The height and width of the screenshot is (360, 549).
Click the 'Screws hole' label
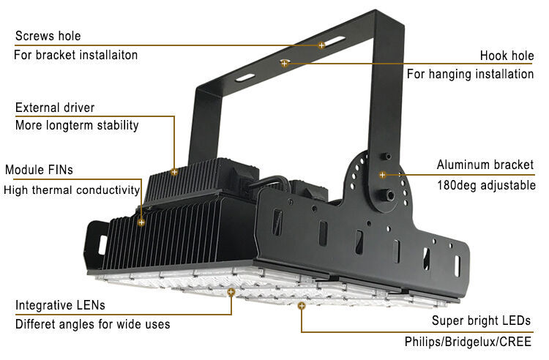click(x=48, y=36)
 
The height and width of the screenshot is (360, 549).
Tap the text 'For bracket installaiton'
click(x=76, y=55)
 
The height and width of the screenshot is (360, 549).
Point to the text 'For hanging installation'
click(x=470, y=74)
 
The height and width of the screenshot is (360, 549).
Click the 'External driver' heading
click(x=55, y=108)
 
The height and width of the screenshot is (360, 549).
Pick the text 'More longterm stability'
click(x=77, y=125)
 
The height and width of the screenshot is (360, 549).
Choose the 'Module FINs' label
click(x=40, y=170)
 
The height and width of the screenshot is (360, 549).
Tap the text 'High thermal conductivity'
click(x=72, y=190)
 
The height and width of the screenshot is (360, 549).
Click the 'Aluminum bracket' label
click(x=485, y=165)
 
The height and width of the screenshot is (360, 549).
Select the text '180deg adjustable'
click(x=486, y=185)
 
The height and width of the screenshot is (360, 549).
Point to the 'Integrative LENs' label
click(x=60, y=304)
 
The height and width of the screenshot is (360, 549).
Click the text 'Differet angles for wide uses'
click(x=92, y=323)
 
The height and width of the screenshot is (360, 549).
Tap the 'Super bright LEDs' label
click(x=481, y=320)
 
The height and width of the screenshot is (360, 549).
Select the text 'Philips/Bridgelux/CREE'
click(x=468, y=341)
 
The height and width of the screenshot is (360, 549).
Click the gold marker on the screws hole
click(x=321, y=45)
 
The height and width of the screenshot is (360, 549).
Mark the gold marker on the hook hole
click(x=284, y=64)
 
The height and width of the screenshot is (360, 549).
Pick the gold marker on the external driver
click(x=174, y=172)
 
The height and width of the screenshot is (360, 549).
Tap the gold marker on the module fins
click(x=141, y=222)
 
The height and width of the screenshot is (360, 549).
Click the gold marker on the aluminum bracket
click(x=382, y=175)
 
